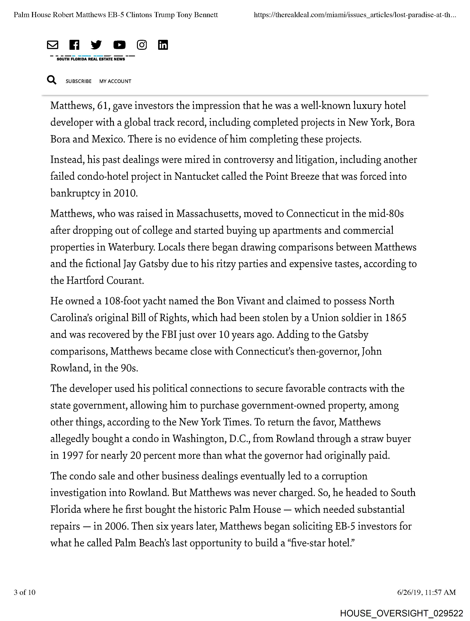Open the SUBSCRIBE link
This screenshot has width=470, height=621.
tap(79, 81)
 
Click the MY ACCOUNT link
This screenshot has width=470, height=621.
tap(115, 81)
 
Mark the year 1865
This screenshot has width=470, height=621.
tap(395, 318)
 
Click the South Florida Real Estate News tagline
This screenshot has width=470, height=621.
tap(91, 59)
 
